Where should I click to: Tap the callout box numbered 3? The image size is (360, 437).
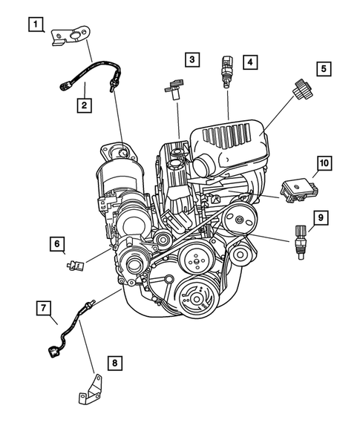point(192,59)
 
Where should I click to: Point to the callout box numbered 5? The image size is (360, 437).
point(324,68)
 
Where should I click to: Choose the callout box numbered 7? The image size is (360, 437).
point(45,306)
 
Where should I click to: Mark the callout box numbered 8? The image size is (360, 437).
point(114,363)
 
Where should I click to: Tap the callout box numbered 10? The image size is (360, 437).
point(324,162)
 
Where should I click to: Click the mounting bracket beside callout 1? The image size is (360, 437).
point(72,36)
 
